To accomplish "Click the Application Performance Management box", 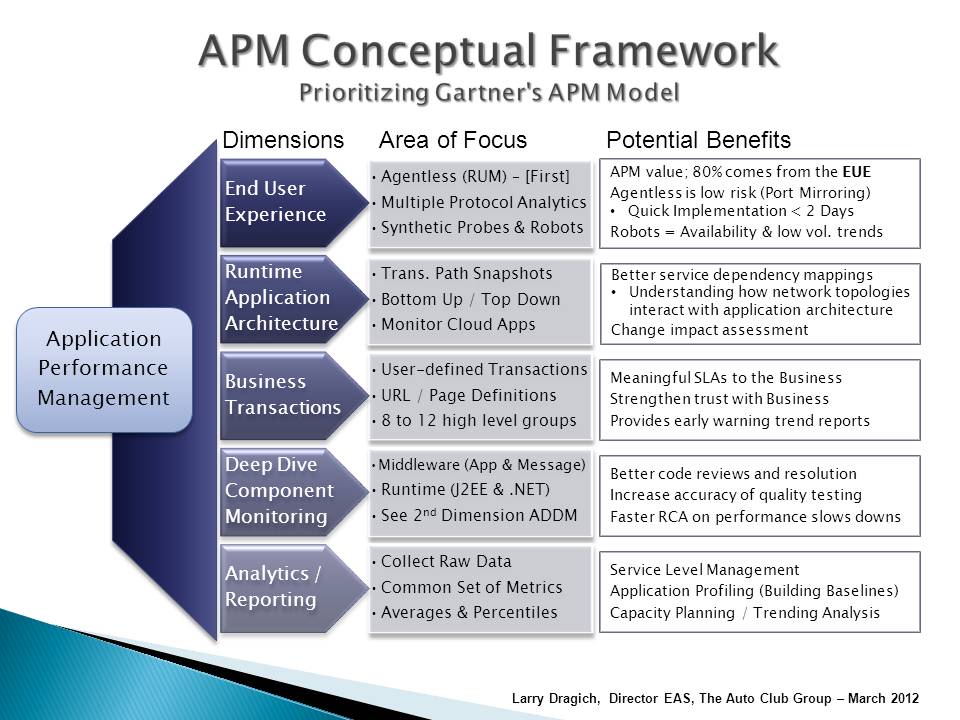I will pyautogui.click(x=103, y=369).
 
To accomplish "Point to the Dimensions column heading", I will pyautogui.click(x=282, y=140).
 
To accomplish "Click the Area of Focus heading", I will pyautogui.click(x=452, y=140).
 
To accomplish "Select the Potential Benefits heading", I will pyautogui.click(x=698, y=140).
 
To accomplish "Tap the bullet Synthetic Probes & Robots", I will pyautogui.click(x=480, y=228).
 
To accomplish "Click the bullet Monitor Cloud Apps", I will pyautogui.click(x=458, y=324).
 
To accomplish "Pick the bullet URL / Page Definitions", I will pyautogui.click(x=468, y=395).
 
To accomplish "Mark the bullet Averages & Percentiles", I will pyautogui.click(x=468, y=612).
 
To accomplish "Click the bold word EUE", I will pyautogui.click(x=857, y=172).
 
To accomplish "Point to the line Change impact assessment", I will pyautogui.click(x=709, y=329).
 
